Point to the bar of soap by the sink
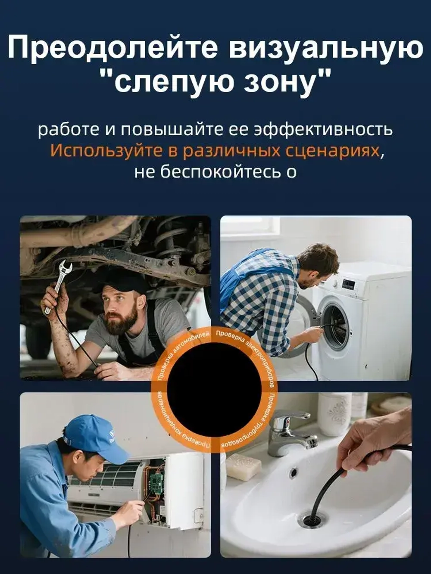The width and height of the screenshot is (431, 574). pyautogui.click(x=244, y=467)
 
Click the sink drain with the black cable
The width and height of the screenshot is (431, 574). pyautogui.click(x=311, y=519)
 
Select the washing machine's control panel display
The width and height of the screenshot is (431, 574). pyautogui.click(x=348, y=285)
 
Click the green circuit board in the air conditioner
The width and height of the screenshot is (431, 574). pyautogui.click(x=154, y=478)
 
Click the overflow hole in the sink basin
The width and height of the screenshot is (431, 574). pyautogui.click(x=294, y=473)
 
